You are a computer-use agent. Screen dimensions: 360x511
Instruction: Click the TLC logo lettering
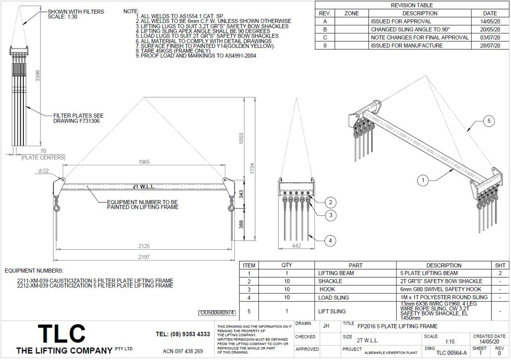click(x=62, y=334)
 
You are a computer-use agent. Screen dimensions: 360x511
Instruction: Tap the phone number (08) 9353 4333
click(x=183, y=334)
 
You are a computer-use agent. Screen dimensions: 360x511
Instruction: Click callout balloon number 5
click(x=489, y=121)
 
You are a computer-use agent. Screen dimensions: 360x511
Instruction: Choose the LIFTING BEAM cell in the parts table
click(x=336, y=273)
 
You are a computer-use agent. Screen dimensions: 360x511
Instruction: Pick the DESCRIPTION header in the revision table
click(x=420, y=13)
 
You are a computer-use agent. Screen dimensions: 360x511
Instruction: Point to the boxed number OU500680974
click(x=217, y=313)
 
